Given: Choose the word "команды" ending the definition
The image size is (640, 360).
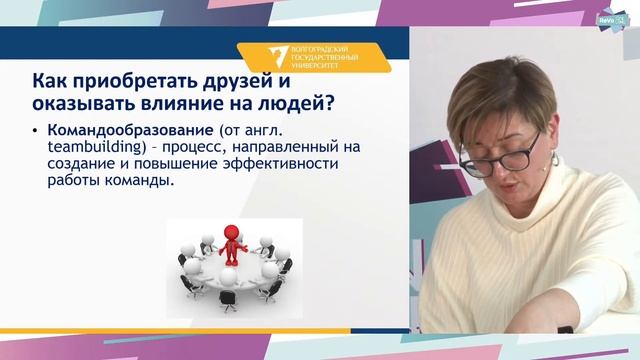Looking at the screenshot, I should click(x=138, y=182).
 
